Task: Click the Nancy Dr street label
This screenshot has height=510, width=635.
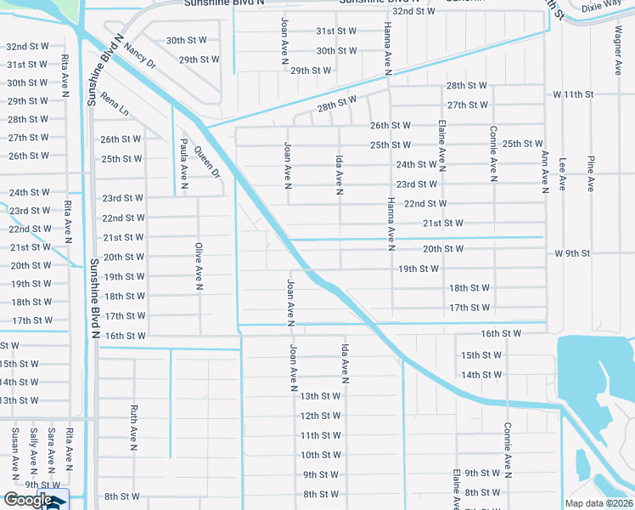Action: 140,57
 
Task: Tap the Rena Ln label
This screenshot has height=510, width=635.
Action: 113,105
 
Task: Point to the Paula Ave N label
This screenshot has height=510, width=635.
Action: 183,160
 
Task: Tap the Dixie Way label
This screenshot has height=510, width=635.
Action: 601,6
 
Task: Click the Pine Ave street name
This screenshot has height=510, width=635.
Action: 588,173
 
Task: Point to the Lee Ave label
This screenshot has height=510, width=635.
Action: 562,173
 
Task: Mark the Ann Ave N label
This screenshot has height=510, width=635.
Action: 543,170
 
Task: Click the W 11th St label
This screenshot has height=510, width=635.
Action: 572,93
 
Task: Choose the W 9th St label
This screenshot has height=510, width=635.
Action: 571,253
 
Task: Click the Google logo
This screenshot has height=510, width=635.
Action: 27,500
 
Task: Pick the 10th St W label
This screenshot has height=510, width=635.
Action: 321,455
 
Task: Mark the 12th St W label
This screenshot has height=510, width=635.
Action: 321,416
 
